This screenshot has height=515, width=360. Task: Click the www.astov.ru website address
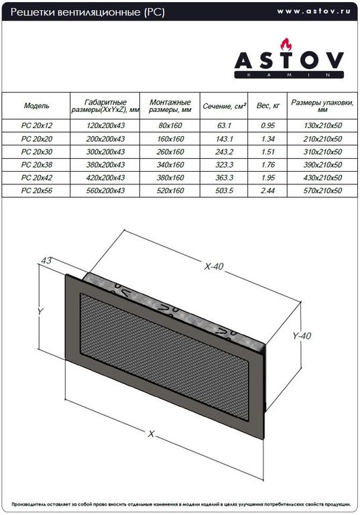[314, 11]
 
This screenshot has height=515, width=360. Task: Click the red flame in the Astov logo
[286, 45]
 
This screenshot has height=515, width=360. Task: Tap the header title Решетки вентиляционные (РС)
[87, 12]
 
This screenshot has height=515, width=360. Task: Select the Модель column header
[36, 106]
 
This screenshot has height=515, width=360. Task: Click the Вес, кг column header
[268, 106]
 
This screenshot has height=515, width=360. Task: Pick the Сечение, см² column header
[225, 106]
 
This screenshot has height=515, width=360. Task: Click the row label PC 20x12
[36, 125]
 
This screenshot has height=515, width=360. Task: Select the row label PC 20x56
[36, 190]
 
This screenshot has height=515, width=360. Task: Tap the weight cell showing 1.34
[268, 139]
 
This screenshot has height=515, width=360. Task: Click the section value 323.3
[225, 164]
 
